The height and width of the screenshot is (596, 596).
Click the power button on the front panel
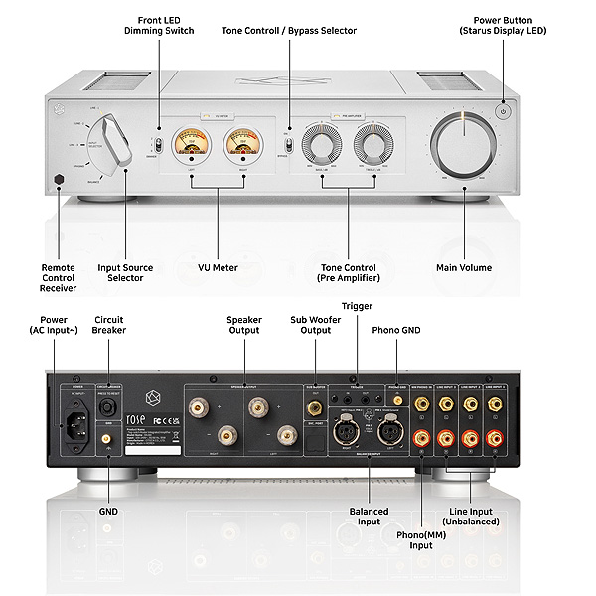[x=504, y=111]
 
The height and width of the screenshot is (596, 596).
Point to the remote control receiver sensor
[x=62, y=179]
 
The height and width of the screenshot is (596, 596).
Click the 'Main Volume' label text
[x=464, y=267]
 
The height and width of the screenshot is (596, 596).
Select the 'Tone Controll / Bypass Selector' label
[x=289, y=31]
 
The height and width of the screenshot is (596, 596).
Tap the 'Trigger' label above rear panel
[x=357, y=305]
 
